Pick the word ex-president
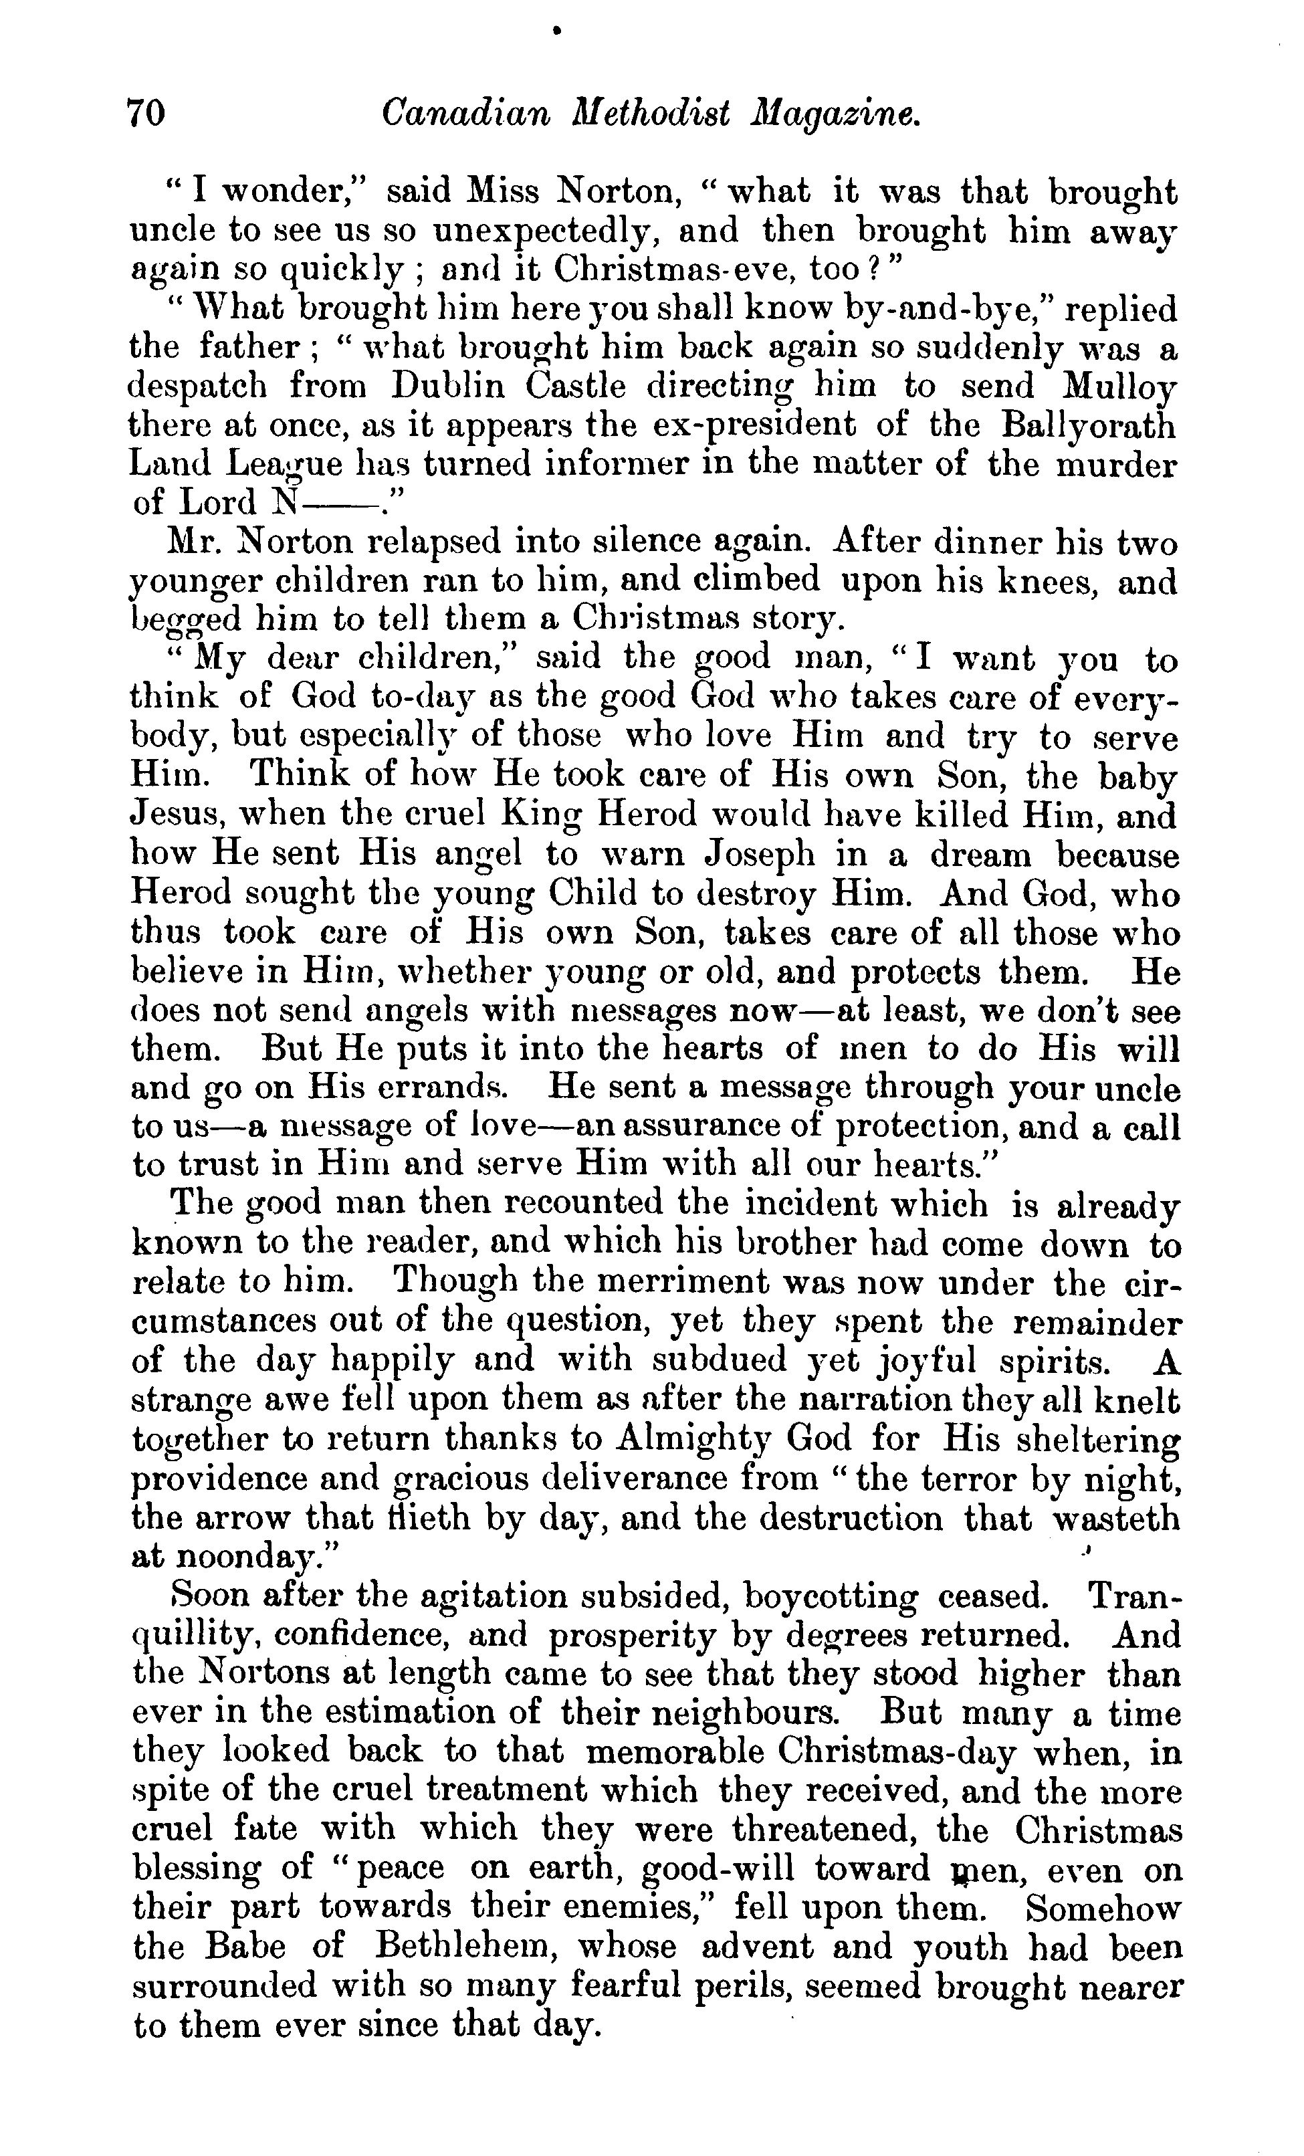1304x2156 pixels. pos(754,425)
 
